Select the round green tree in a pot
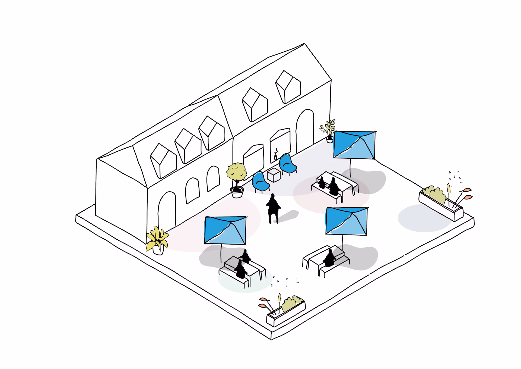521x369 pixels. [237, 173]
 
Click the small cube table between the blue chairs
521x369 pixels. [274, 175]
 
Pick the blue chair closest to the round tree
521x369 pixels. [260, 182]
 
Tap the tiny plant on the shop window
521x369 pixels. [276, 154]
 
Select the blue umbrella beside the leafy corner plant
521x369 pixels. [354, 145]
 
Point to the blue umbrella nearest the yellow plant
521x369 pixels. [225, 230]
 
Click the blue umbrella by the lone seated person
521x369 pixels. [346, 221]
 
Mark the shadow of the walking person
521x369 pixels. [289, 216]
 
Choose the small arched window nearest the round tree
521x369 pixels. [213, 179]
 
